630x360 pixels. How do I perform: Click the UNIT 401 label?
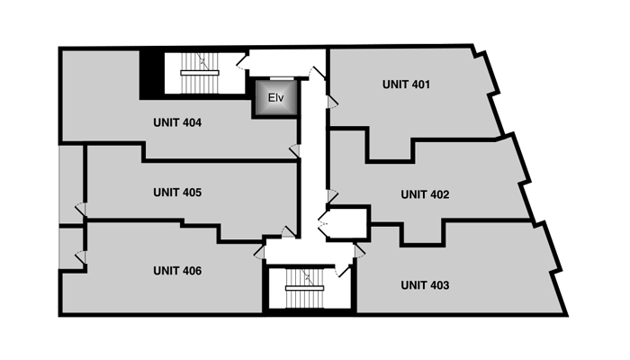(406, 85)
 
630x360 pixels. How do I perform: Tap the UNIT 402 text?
(425, 194)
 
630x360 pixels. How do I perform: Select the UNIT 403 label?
(425, 285)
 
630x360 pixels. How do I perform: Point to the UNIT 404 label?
(177, 122)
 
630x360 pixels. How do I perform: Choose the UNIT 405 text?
(177, 193)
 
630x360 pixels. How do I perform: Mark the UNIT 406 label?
(177, 271)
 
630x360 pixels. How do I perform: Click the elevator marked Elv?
(276, 97)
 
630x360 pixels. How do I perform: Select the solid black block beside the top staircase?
(152, 74)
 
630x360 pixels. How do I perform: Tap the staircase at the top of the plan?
(200, 73)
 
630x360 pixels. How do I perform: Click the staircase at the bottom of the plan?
(304, 288)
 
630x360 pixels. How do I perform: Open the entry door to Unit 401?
(332, 102)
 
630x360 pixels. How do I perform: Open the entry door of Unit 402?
(332, 197)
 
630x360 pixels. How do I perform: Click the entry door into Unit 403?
(360, 251)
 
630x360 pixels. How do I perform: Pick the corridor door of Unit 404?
(294, 151)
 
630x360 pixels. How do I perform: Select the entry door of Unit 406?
(259, 251)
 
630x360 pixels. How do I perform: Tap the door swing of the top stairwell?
(243, 61)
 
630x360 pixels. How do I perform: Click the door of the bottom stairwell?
(344, 271)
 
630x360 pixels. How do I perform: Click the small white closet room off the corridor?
(348, 223)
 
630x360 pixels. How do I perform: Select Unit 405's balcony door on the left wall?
(81, 210)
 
